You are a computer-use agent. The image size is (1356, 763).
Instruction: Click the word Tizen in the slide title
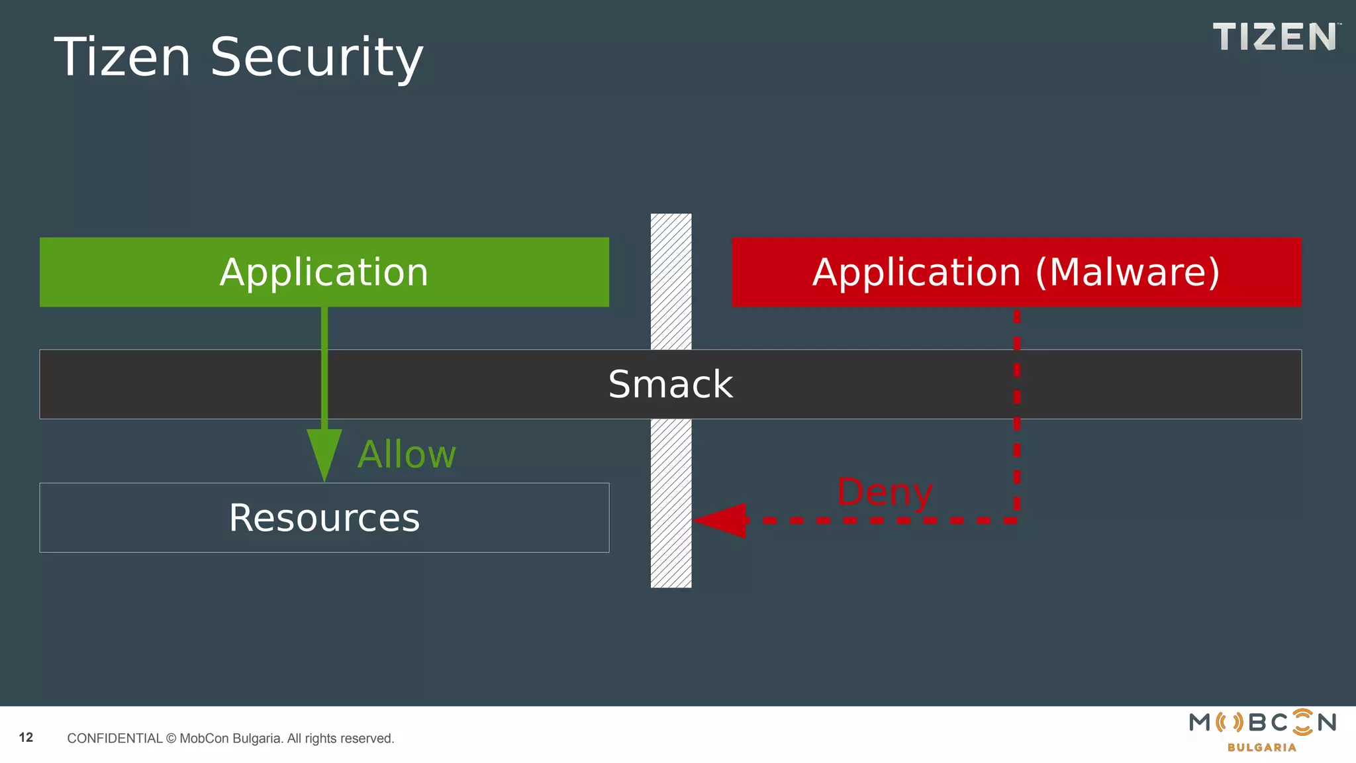click(x=122, y=58)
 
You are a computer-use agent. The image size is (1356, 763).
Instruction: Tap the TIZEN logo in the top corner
click(x=1274, y=37)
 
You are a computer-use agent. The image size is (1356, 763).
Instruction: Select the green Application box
click(x=324, y=272)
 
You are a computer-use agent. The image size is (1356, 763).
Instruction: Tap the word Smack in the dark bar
click(x=670, y=385)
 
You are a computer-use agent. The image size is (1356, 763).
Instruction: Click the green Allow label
click(x=407, y=455)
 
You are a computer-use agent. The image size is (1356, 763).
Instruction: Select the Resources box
click(x=324, y=518)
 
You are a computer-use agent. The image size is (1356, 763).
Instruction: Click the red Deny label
click(x=885, y=492)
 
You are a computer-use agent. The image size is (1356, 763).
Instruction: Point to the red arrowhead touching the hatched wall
click(x=722, y=521)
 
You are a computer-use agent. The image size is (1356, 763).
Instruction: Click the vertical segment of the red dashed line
click(x=1017, y=411)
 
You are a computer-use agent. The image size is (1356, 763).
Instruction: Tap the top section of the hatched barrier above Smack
click(x=671, y=281)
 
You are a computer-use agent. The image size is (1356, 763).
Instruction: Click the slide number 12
click(x=26, y=738)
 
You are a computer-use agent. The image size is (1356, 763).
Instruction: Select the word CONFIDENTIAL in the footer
click(x=115, y=738)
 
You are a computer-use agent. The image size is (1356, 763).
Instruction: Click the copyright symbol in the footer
click(x=171, y=738)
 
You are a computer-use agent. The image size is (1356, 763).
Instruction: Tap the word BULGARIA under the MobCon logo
click(x=1261, y=748)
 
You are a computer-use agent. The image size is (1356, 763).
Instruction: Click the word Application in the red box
click(x=916, y=272)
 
